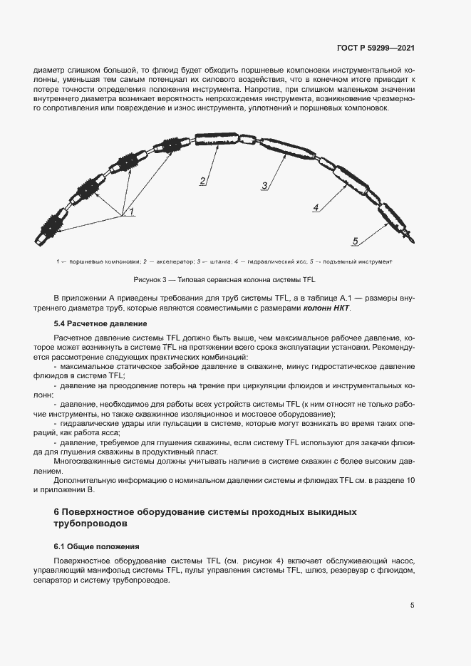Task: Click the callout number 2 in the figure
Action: (x=203, y=181)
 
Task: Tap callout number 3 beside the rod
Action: (x=264, y=186)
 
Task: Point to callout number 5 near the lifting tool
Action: (x=354, y=240)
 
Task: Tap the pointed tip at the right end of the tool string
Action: (x=410, y=238)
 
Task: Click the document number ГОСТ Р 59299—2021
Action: (x=376, y=48)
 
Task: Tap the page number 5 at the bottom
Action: (x=413, y=605)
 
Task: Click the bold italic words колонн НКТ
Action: (x=326, y=307)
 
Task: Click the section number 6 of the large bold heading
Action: (x=57, y=512)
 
